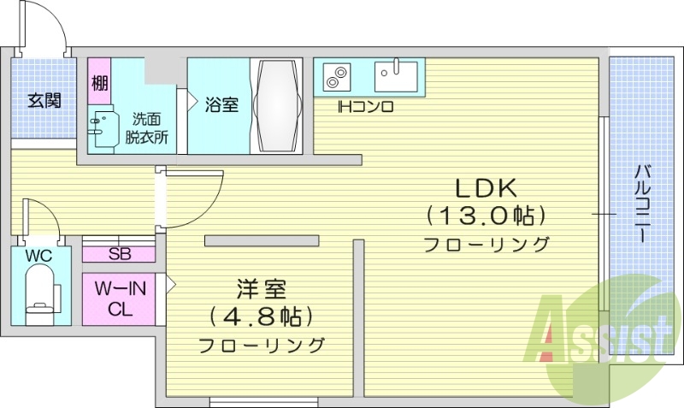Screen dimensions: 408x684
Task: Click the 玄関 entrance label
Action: pos(44,100)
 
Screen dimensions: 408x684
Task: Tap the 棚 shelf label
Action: pos(100,84)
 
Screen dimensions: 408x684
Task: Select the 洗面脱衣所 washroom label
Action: pos(146,127)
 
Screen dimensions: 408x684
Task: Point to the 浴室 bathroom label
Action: pos(221,104)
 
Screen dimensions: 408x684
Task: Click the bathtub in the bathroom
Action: pos(277,104)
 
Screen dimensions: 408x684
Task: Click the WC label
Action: pos(38,256)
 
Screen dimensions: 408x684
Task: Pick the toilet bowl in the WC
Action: pos(39,293)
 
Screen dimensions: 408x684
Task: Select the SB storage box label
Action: pos(119,253)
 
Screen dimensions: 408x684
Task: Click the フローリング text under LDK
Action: pos(486,244)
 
